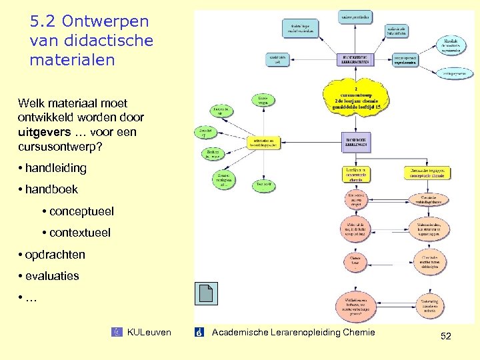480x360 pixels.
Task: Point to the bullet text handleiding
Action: click(x=56, y=168)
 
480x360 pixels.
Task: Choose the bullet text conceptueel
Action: click(x=81, y=211)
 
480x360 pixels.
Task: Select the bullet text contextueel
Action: click(x=80, y=233)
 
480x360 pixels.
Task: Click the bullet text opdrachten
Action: click(x=55, y=254)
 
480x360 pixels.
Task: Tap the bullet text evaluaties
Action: click(x=52, y=275)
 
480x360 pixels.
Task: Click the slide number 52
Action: click(x=446, y=337)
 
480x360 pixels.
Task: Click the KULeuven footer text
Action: click(x=149, y=332)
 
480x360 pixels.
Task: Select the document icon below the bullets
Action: click(x=205, y=295)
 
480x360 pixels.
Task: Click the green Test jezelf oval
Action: click(x=263, y=183)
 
